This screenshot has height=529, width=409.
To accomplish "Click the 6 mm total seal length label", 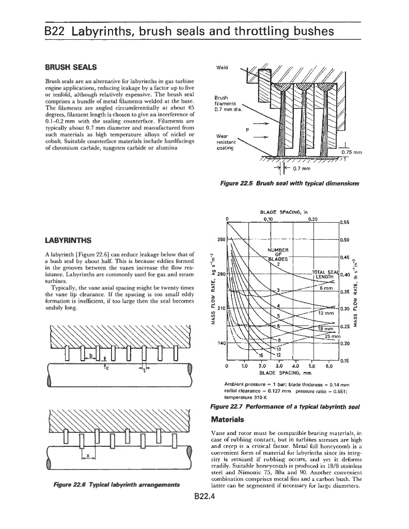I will (326, 288).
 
